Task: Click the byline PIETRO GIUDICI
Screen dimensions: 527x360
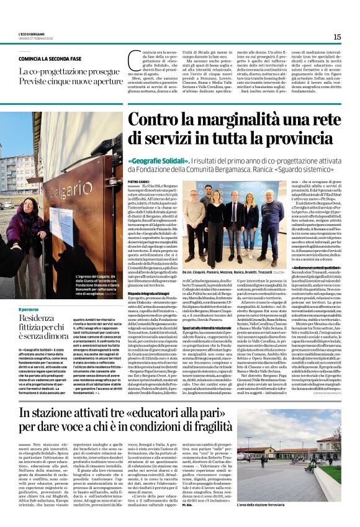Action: [x=140, y=181]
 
